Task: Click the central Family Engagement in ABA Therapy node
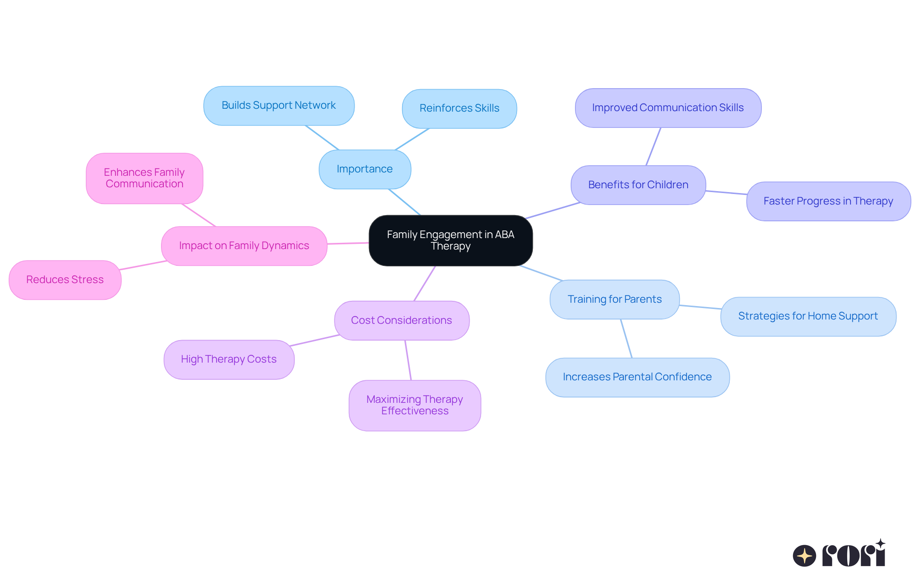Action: tap(450, 240)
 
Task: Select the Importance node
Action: tap(365, 169)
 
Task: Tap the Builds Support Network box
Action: tap(278, 105)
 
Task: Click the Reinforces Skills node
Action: tap(459, 108)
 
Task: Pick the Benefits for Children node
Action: tap(638, 185)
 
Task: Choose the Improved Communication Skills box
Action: tap(667, 108)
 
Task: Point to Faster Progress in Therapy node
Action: tap(828, 201)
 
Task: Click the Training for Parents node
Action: tap(614, 299)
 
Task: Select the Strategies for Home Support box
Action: tap(808, 316)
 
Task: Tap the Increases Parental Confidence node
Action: tap(637, 377)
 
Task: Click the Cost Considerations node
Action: tap(402, 320)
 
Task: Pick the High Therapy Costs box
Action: tap(229, 359)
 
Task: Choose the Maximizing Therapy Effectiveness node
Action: tap(414, 405)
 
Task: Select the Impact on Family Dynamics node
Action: tap(244, 246)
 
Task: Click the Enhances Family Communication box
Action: tap(144, 178)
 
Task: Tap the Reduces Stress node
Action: tap(65, 280)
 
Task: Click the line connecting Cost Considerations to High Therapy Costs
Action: tap(315, 340)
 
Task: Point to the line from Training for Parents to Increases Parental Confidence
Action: tap(626, 338)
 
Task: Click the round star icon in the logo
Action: tap(804, 556)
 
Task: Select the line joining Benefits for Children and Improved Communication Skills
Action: tap(654, 146)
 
